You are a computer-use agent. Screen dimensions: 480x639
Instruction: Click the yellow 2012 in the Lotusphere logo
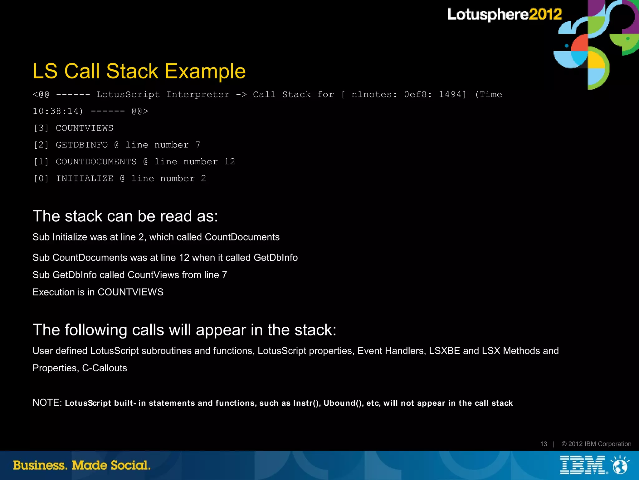(545, 14)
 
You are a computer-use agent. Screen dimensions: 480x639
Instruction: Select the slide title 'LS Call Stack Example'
(139, 71)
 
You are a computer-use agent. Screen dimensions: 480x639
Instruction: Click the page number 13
(544, 444)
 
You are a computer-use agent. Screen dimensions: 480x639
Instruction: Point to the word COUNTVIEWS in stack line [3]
(85, 128)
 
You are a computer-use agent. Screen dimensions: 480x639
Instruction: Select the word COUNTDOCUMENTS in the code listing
(96, 162)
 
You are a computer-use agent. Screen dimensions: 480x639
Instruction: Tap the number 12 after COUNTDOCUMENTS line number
(229, 162)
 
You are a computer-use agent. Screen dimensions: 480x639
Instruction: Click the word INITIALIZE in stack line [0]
(85, 179)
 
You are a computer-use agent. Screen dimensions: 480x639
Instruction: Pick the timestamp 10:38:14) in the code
(58, 111)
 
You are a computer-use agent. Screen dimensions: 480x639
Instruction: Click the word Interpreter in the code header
(198, 94)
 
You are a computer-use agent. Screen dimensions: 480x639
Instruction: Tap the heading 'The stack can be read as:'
(125, 216)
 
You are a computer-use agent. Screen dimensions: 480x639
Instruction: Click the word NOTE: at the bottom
(47, 403)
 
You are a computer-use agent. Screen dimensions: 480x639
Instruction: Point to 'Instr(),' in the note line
(307, 403)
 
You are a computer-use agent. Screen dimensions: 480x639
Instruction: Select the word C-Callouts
(105, 368)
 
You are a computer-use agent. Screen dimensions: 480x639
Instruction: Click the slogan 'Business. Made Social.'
(82, 465)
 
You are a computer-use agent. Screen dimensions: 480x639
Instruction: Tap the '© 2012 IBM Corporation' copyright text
(596, 444)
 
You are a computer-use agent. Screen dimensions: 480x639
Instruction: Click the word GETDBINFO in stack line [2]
(82, 145)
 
